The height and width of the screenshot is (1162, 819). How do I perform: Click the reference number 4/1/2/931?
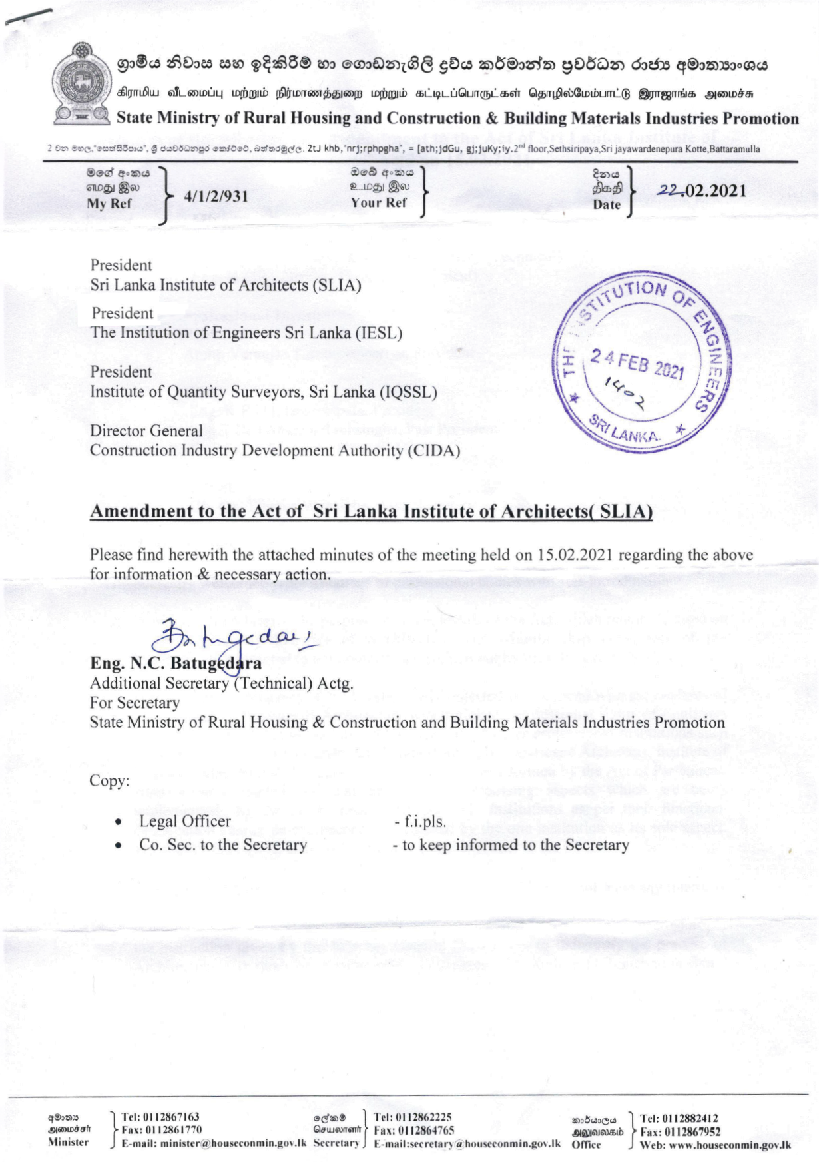click(216, 196)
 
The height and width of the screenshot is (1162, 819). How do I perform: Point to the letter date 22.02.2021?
click(702, 191)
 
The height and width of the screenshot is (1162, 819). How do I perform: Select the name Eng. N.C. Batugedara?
click(176, 663)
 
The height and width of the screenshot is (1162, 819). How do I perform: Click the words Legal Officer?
click(185, 821)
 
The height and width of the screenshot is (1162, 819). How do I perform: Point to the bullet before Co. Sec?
click(118, 846)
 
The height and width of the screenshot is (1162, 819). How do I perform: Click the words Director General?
click(146, 431)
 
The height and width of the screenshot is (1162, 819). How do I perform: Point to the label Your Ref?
click(379, 203)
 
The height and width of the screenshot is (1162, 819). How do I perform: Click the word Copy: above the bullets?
click(109, 780)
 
